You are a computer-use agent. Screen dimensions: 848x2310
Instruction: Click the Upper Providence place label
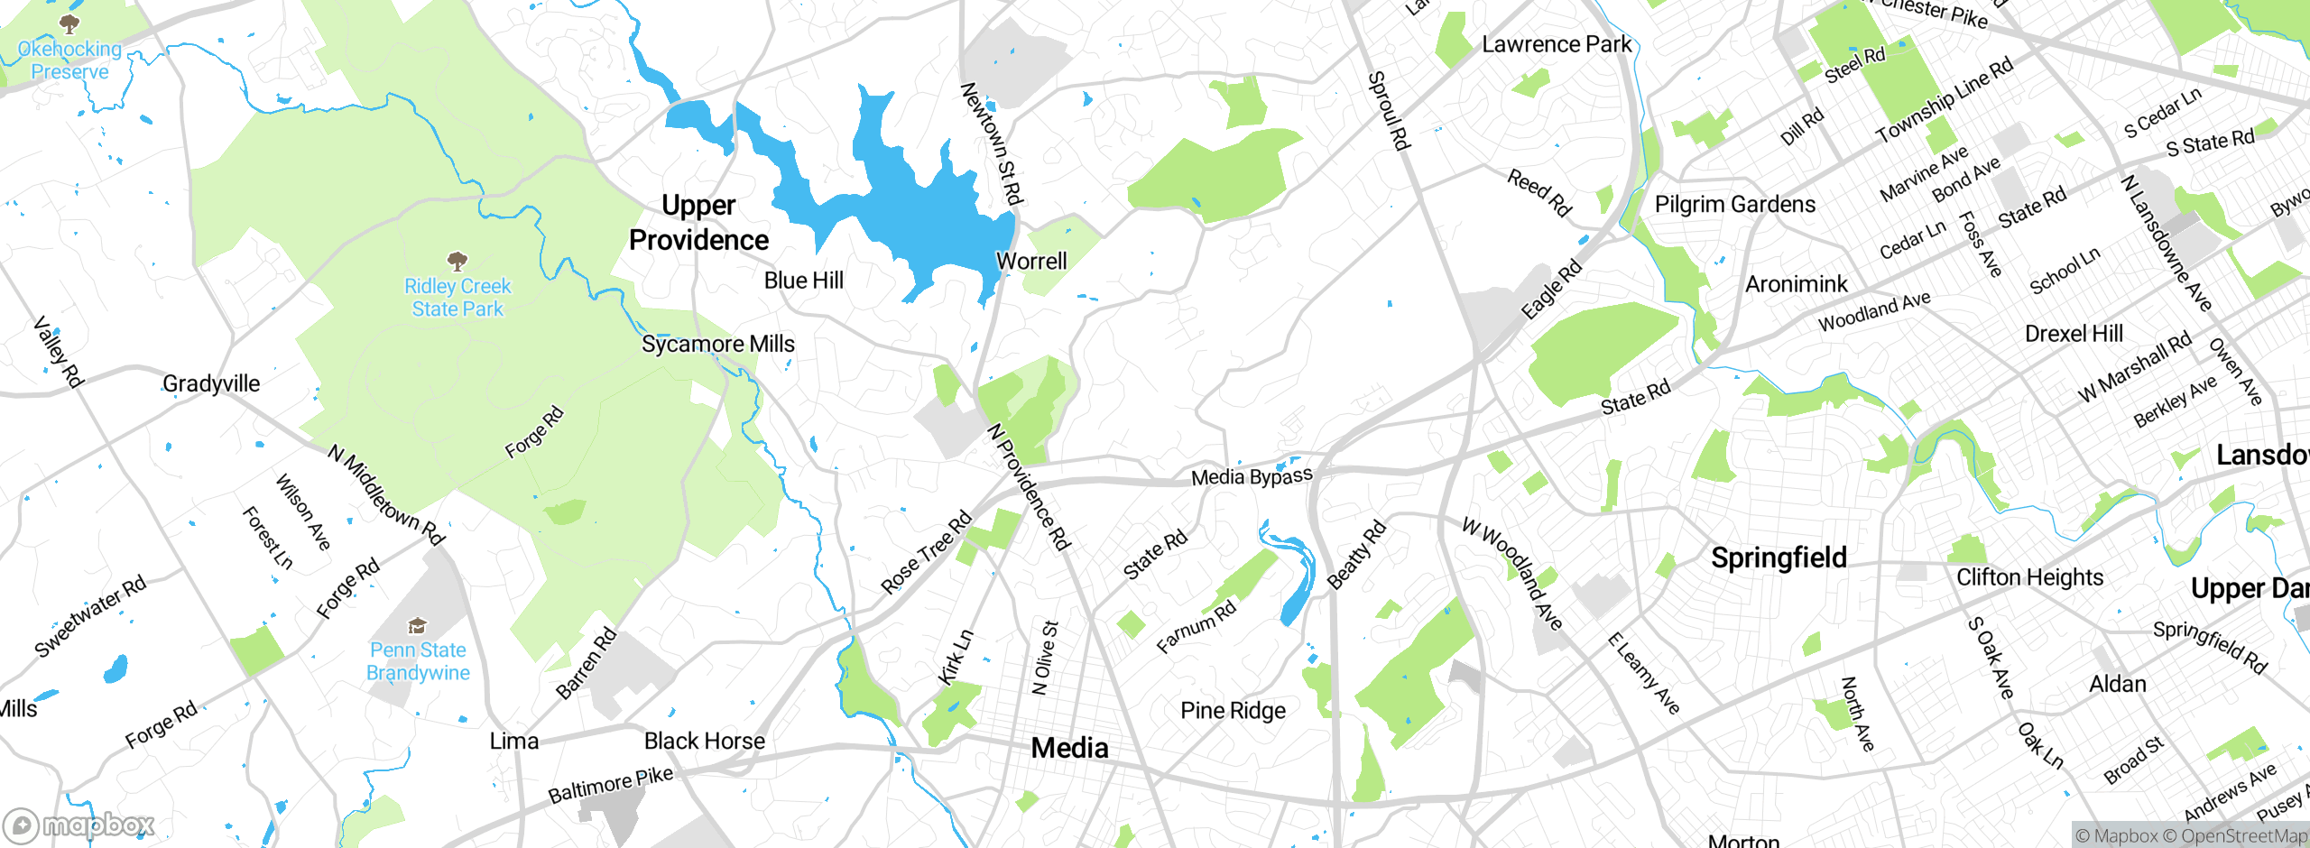(698, 223)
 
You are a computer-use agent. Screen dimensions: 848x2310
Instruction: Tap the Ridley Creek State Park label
(457, 297)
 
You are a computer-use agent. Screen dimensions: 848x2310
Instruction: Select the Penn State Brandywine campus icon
(417, 626)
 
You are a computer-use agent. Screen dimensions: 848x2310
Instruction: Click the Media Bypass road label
(1252, 476)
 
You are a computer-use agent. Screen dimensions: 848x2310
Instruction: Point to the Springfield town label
(1779, 558)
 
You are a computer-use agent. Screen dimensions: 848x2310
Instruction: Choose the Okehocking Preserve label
(69, 60)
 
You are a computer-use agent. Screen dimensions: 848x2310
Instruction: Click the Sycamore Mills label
(718, 344)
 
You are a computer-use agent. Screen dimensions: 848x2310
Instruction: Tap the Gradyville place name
(211, 383)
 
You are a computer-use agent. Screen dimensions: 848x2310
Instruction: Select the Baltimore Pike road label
(611, 785)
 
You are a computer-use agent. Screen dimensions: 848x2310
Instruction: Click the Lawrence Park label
(1557, 44)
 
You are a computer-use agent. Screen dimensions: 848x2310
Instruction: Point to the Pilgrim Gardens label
(1734, 205)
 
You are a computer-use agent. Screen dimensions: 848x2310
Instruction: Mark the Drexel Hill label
(2074, 334)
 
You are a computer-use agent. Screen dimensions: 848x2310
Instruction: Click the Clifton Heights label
(2029, 577)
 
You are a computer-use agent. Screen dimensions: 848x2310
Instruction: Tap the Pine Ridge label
(1233, 711)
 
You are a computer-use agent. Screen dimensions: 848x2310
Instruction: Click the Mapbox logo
(79, 825)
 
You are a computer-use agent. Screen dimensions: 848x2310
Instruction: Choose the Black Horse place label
(704, 741)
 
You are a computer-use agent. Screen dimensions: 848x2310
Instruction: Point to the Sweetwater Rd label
(90, 616)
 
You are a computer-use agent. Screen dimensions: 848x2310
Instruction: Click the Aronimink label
(1796, 284)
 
